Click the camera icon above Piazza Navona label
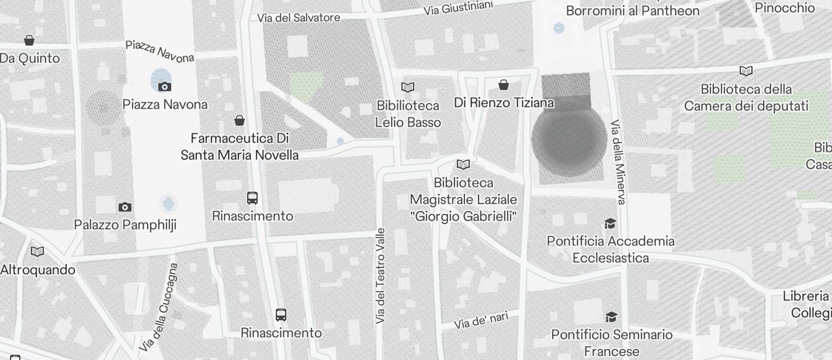coord(165,87)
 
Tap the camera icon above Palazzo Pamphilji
coord(124,207)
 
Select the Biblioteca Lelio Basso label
coord(408,114)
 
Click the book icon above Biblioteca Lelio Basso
coord(408,88)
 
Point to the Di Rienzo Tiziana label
coord(504,103)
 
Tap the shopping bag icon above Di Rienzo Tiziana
coord(504,85)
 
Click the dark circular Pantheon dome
coord(568,139)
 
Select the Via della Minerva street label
coord(618,162)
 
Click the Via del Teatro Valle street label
coord(381,276)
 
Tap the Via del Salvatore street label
coord(299,18)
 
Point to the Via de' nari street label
coord(481,320)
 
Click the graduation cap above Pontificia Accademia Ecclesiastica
coord(610,223)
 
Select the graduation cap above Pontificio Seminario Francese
coord(611,317)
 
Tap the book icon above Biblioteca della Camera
coord(746,71)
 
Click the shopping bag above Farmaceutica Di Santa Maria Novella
coord(239,120)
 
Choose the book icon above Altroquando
coord(37,251)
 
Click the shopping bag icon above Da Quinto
coord(29,40)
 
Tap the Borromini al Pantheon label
coord(633,11)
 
